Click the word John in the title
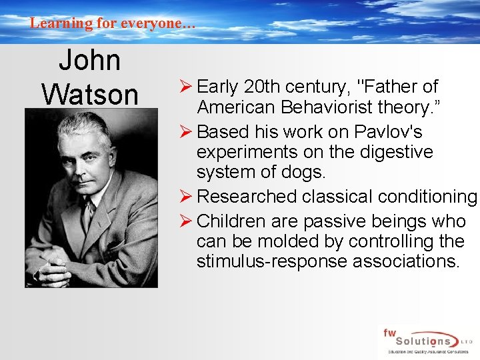tap(89, 61)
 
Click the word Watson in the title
tap(89, 94)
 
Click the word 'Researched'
tap(247, 197)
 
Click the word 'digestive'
tap(395, 151)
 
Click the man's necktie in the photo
tap(86, 212)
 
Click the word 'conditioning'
tap(423, 197)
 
